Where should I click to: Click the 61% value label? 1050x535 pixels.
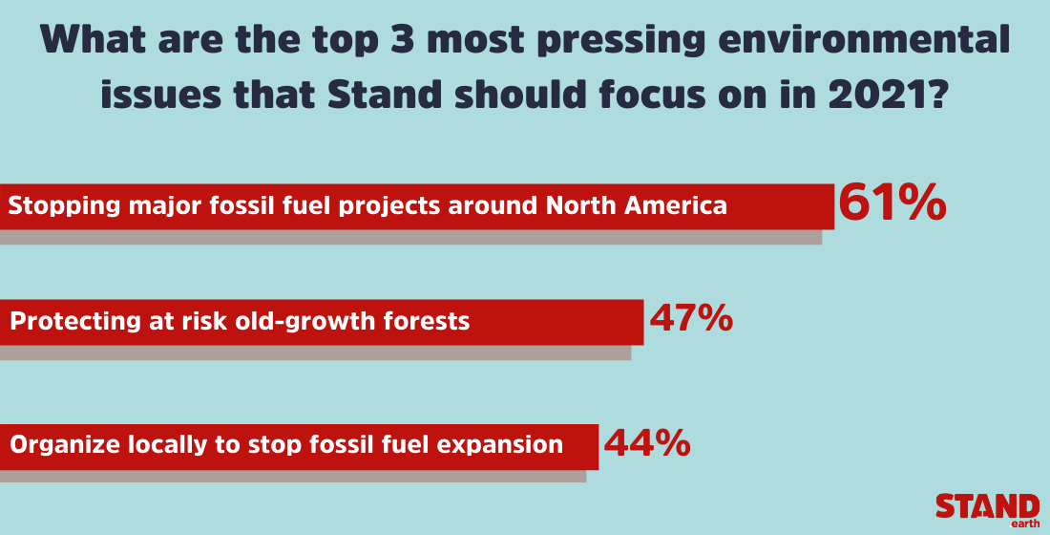coord(892,203)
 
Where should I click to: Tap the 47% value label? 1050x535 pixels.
coord(691,318)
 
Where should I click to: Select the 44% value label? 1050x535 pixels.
coord(646,442)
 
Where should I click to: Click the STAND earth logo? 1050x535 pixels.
coord(987,509)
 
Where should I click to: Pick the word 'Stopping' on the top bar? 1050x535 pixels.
coord(60,205)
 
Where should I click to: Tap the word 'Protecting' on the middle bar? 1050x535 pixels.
coord(68,321)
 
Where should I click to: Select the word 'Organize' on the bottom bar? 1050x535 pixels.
coord(63,445)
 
